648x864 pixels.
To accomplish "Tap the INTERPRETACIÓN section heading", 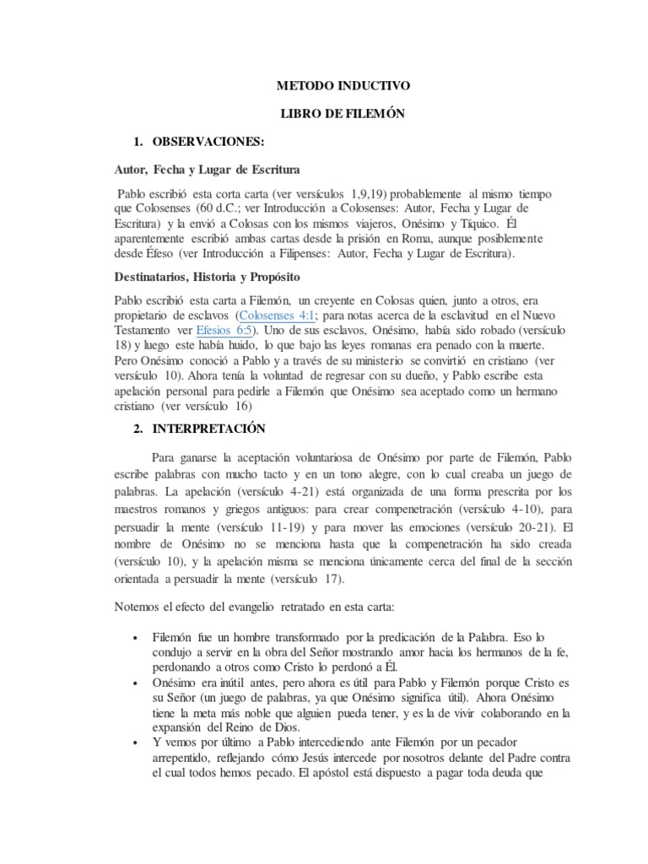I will pos(209,429).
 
